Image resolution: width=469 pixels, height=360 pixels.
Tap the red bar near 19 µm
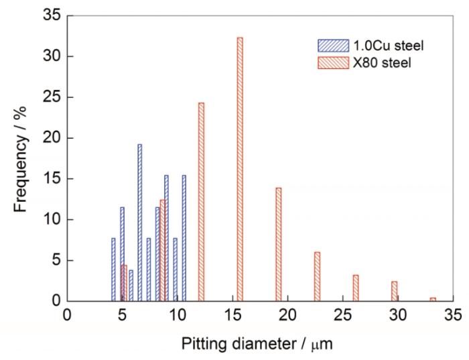pos(278,244)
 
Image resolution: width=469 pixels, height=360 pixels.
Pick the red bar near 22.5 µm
pos(317,276)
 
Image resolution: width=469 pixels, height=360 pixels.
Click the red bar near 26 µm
pos(356,288)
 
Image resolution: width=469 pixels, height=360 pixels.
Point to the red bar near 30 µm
pos(395,291)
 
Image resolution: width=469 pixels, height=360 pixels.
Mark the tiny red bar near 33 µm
pos(433,299)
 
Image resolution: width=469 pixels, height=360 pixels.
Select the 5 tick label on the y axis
pos(54,260)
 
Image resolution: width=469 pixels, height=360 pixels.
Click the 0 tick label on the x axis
pos(66,314)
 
